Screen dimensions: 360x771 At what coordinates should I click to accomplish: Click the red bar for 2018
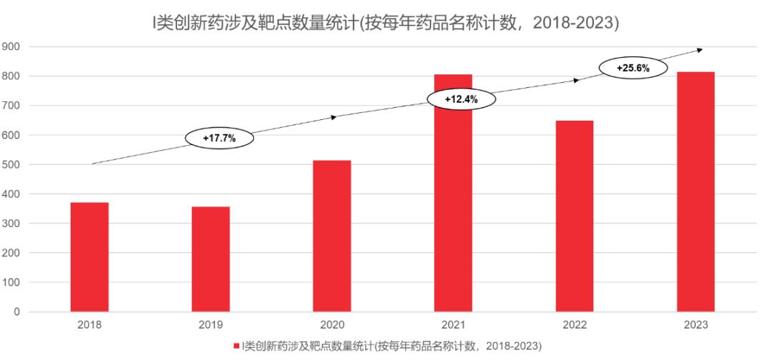click(89, 257)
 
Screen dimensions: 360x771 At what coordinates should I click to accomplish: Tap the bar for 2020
click(332, 236)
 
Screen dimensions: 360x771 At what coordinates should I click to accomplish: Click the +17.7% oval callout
click(219, 138)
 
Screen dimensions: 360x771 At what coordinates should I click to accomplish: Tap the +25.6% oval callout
click(633, 68)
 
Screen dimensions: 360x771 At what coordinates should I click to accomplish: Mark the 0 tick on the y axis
click(17, 312)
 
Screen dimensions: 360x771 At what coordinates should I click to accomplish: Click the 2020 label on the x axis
click(332, 325)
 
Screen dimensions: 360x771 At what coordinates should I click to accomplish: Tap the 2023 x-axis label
click(695, 325)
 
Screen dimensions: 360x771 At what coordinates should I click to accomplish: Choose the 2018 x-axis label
click(89, 325)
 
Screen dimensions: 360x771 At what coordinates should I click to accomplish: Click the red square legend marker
click(236, 346)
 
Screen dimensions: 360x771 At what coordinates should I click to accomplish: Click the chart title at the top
click(385, 24)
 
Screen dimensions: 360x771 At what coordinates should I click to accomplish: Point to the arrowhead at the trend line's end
click(700, 49)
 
